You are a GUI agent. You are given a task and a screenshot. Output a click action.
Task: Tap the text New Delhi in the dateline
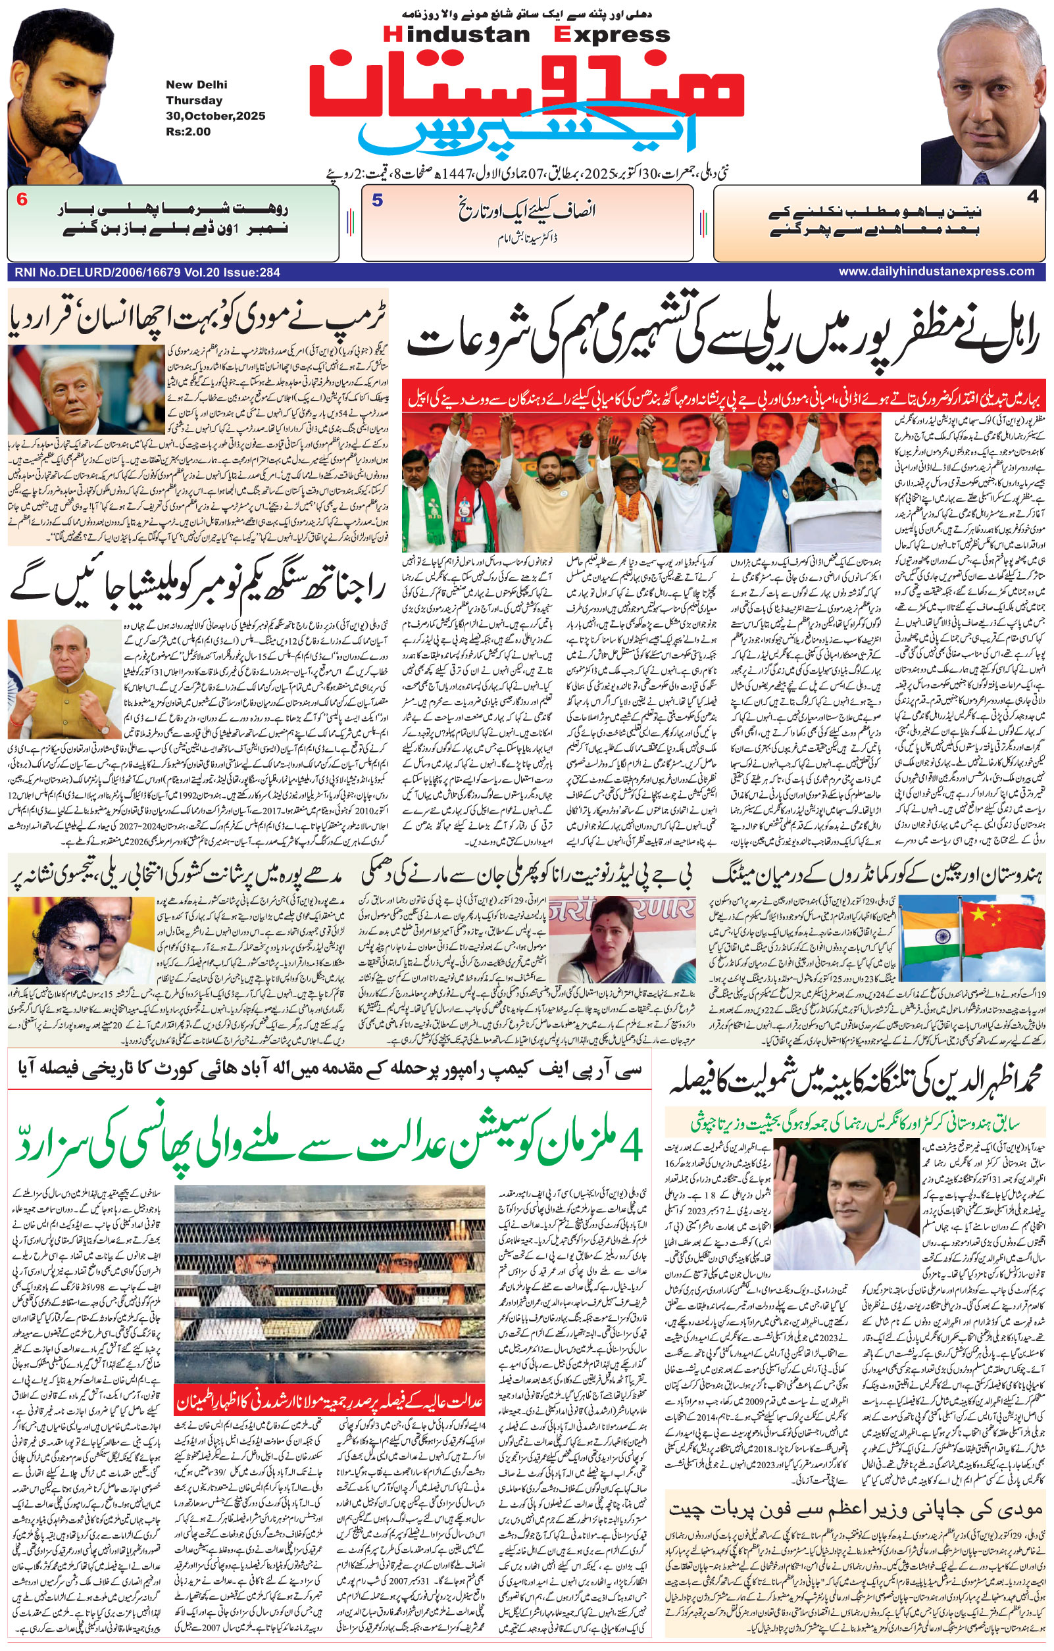point(196,85)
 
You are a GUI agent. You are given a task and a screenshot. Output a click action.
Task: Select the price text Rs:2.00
point(188,132)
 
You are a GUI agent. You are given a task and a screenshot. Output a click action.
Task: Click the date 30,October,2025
point(215,116)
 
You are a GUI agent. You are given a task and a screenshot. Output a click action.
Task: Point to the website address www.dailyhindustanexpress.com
point(937,272)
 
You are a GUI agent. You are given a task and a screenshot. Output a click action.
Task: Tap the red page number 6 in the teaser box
point(22,201)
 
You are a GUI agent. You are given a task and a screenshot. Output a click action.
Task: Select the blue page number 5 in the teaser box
point(377,201)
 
